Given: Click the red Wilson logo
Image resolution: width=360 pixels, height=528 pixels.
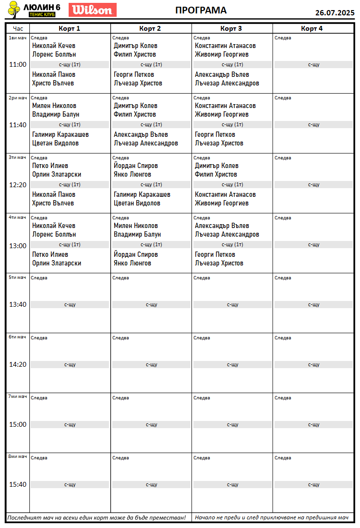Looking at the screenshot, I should pos(93,10).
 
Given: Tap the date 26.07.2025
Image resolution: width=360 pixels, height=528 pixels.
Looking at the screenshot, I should pos(335,12).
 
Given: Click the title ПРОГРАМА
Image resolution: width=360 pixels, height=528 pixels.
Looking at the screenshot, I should pos(201,11).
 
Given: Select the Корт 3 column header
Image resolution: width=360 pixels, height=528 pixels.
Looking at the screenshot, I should pos(232,28).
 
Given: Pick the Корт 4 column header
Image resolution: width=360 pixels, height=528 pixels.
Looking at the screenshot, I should pos(312,28).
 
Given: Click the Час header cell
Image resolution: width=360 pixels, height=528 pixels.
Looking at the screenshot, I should pos(18,28).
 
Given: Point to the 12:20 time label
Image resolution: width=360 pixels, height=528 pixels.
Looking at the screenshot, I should pos(18,184).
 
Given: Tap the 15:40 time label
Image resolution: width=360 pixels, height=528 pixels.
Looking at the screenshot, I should pos(18,484).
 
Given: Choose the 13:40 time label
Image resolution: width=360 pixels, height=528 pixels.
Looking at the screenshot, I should pos(18,304).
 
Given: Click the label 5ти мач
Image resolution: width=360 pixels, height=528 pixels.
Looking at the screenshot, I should pos(17,277).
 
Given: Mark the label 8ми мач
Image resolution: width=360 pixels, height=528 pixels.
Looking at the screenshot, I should pos(17,456).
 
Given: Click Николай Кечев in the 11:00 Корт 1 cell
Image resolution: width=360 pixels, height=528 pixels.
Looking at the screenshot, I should pos(54,46).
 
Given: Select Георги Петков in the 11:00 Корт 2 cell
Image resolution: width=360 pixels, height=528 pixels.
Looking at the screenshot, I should pos(134,74).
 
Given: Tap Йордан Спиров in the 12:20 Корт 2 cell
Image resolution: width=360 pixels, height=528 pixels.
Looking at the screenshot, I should pos(136,166).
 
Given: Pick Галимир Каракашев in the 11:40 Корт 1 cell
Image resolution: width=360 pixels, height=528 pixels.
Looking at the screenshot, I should pos(60,134).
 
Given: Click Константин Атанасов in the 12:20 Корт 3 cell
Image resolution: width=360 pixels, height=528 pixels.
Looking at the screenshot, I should pos(225,194).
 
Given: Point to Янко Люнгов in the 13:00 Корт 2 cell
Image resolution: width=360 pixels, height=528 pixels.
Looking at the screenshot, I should pos(132,263).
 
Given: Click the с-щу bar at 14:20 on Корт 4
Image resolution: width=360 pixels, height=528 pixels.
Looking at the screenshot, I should pos(313,364).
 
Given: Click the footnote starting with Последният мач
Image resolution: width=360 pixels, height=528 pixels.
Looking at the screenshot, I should pos(96,517).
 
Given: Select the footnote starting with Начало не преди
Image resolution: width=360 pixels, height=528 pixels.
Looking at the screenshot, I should pos(272,517).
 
